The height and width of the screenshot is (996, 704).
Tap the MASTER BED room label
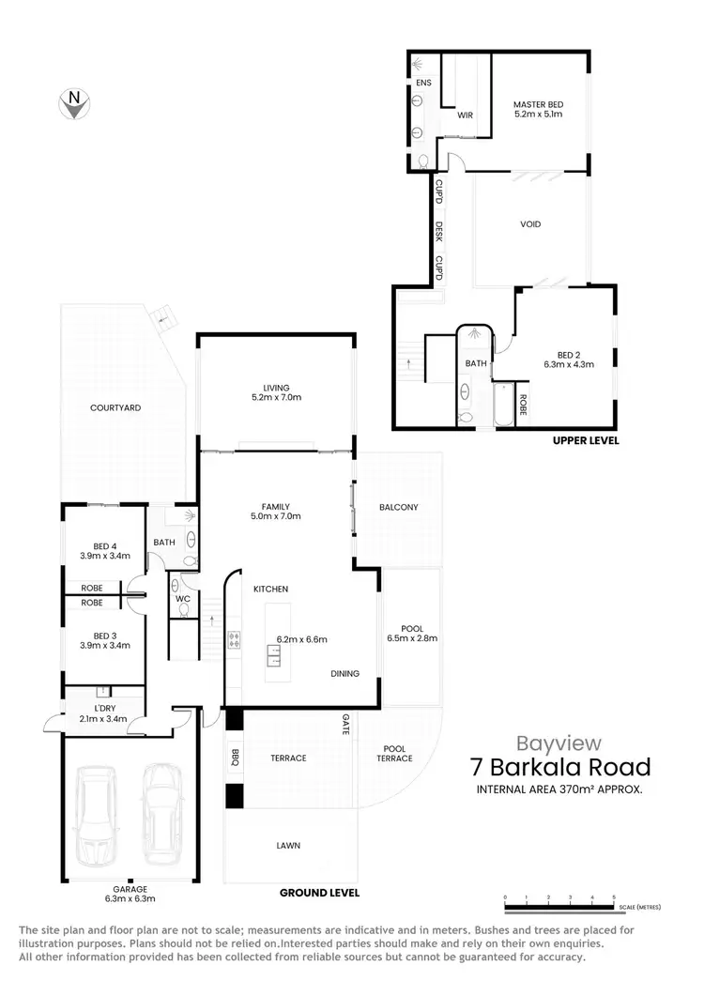click(x=537, y=104)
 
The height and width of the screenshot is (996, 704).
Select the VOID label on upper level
click(x=530, y=224)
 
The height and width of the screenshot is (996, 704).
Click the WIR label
click(x=464, y=116)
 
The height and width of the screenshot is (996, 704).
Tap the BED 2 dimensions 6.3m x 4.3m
click(x=569, y=364)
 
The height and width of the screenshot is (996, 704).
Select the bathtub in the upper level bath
click(x=504, y=406)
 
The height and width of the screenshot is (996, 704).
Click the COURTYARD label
click(x=115, y=407)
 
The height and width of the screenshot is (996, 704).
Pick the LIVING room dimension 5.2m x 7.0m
click(x=276, y=397)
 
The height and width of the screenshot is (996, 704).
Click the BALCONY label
click(x=398, y=507)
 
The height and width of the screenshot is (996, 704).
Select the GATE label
click(x=345, y=723)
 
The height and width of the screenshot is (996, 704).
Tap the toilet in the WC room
click(x=183, y=608)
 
